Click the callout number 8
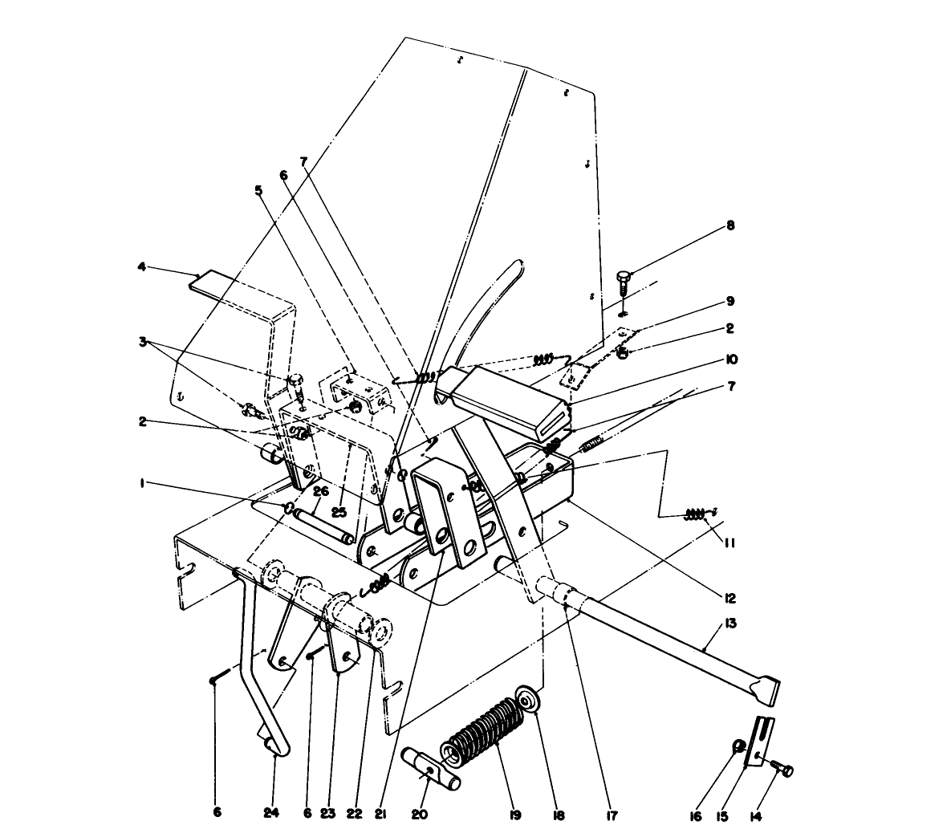(730, 226)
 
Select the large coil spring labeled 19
(485, 729)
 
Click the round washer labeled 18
(528, 700)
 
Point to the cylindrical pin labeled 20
(437, 769)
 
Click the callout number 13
(730, 623)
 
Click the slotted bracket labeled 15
(761, 741)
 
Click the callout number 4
(141, 266)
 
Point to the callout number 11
(729, 543)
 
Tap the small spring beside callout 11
(696, 514)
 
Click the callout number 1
(141, 484)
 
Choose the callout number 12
(729, 598)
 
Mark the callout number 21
(376, 813)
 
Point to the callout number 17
(612, 815)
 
